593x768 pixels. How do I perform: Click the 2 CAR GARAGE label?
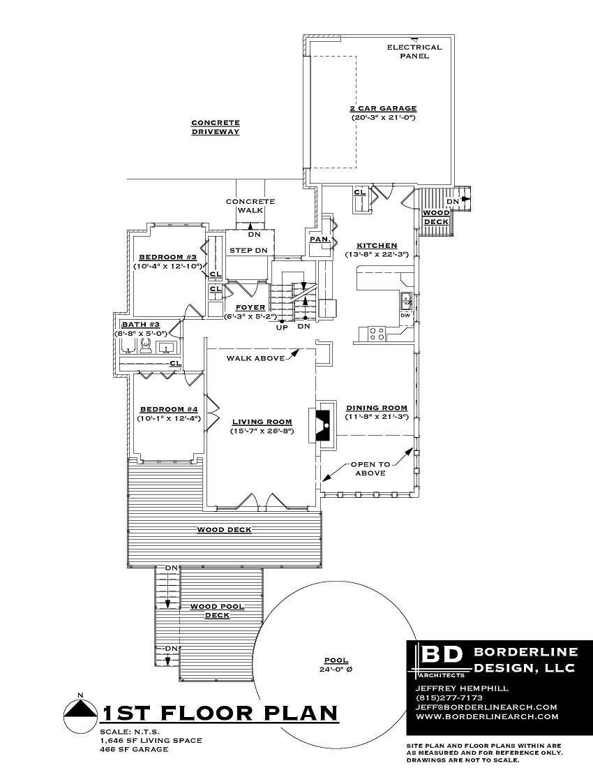(x=383, y=109)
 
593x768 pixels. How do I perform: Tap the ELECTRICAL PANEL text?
(x=414, y=52)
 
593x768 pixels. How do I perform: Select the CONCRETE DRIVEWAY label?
(x=216, y=127)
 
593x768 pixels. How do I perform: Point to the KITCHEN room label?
(x=377, y=246)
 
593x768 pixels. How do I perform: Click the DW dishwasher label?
(x=405, y=316)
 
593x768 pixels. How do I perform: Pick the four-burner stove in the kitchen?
(x=377, y=334)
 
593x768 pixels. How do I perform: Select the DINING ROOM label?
(x=377, y=408)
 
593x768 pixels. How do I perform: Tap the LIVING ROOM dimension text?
(x=262, y=431)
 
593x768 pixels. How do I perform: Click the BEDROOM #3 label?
(x=168, y=257)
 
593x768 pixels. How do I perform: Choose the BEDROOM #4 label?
(x=169, y=409)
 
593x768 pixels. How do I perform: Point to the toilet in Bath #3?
(x=145, y=346)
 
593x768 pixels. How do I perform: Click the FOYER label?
(x=250, y=308)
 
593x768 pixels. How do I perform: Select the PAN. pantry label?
(x=320, y=239)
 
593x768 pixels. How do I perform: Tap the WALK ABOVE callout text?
(x=255, y=359)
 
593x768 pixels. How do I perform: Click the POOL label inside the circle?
(x=336, y=660)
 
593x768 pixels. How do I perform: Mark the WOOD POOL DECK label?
(x=217, y=611)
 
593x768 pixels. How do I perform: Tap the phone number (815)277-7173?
(x=449, y=697)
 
